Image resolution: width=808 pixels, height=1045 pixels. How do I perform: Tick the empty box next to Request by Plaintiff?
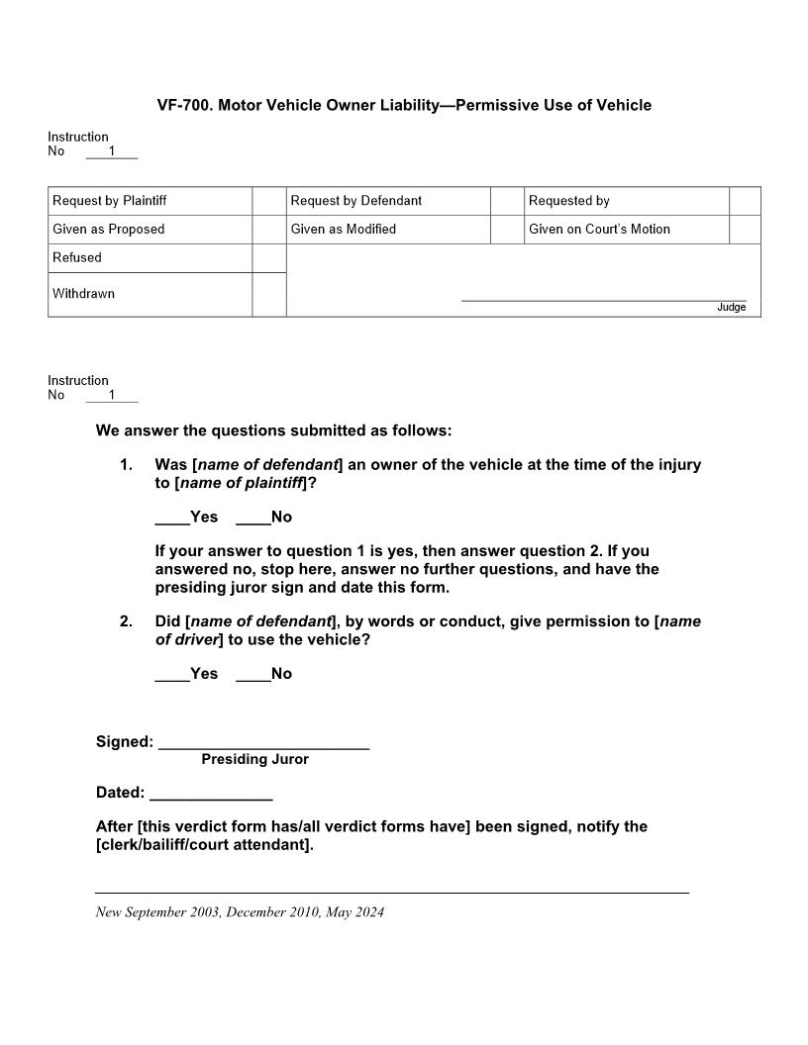tap(268, 201)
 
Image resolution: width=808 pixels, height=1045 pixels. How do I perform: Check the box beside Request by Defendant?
tap(507, 201)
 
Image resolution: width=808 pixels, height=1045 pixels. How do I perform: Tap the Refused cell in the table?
tap(77, 257)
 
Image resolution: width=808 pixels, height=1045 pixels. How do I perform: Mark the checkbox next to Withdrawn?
tap(268, 294)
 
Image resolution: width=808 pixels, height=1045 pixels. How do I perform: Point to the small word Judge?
tap(731, 308)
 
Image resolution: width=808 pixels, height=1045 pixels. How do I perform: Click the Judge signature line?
tap(603, 299)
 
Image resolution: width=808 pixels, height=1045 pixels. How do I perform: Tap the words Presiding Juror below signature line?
tap(254, 759)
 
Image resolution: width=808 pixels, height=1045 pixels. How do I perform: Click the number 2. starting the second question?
tap(126, 621)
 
